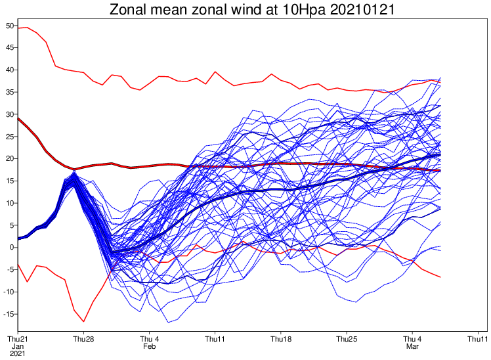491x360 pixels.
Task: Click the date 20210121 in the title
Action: click(x=362, y=9)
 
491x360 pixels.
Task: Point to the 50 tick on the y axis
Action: click(x=10, y=26)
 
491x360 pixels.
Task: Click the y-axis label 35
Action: click(x=10, y=92)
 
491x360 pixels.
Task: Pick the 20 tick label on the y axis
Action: click(x=10, y=158)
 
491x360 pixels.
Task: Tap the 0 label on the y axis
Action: click(x=12, y=247)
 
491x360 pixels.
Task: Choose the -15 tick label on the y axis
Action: click(x=9, y=314)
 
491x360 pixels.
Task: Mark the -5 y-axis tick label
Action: click(x=10, y=269)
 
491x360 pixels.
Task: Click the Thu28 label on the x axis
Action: click(x=83, y=339)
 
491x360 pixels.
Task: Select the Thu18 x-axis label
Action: click(x=281, y=339)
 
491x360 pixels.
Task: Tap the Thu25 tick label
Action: click(x=347, y=339)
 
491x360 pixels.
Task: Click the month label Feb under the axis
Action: click(x=150, y=346)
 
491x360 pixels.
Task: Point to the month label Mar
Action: click(x=412, y=346)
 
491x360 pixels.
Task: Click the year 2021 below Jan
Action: click(x=18, y=353)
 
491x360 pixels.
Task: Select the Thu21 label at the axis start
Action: click(x=18, y=339)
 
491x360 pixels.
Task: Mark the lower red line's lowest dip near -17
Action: click(x=83, y=321)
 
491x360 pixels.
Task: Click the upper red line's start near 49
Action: click(x=18, y=28)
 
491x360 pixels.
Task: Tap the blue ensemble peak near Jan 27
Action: click(x=74, y=171)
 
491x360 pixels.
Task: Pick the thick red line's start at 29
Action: click(x=18, y=118)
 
